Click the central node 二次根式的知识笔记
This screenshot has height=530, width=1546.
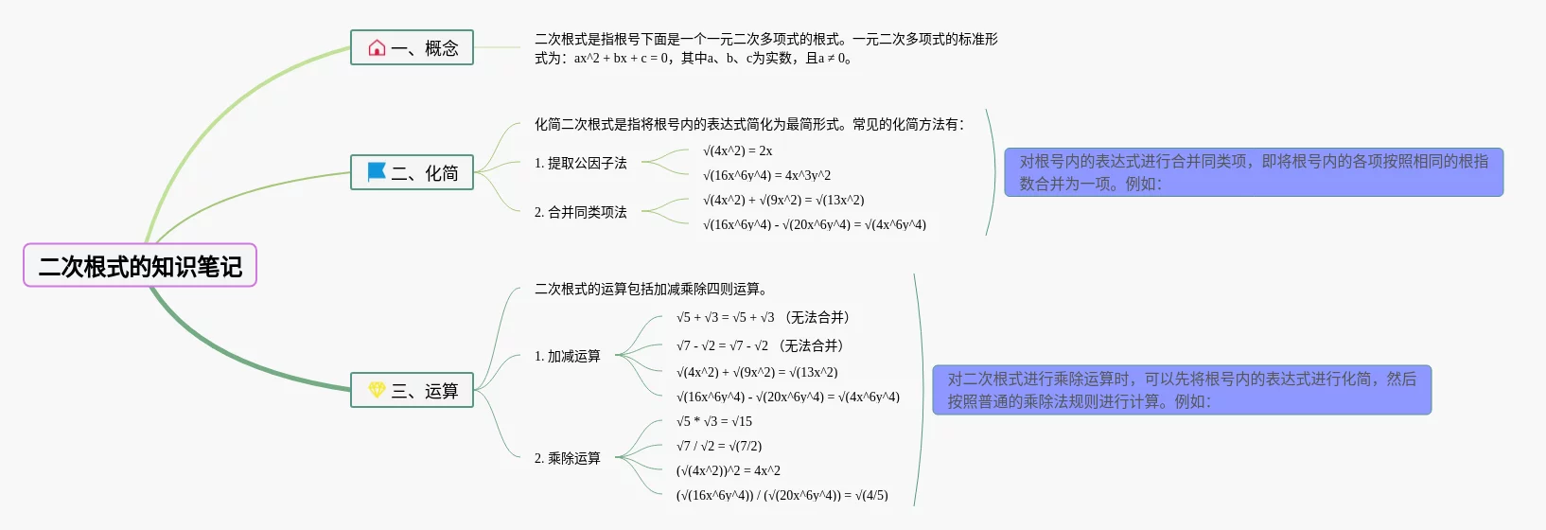coord(140,266)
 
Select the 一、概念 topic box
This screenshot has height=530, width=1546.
coord(412,47)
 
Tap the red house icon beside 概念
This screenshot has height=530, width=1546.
coord(377,47)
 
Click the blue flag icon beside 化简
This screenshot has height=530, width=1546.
coord(377,172)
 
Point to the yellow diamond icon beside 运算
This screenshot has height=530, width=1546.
coord(377,390)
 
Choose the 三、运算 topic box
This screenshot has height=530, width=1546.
coord(412,390)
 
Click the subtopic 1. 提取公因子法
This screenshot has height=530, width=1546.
coord(580,163)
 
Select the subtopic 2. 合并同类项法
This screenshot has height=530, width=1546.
coord(580,212)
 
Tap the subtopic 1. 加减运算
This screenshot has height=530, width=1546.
coord(567,356)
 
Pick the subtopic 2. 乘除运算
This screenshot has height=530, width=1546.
coord(567,458)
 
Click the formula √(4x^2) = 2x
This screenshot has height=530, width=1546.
coord(737,150)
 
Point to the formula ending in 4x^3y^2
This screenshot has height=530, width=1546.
coord(766,175)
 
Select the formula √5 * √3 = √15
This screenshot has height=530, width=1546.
coord(713,421)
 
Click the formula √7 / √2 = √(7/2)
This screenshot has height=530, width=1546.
coord(718,446)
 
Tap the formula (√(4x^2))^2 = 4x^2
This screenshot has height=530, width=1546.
coord(728,470)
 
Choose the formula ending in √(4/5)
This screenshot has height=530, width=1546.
coord(782,495)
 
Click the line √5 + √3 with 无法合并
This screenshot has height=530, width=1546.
coord(763,317)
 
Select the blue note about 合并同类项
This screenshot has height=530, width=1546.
coord(1253,172)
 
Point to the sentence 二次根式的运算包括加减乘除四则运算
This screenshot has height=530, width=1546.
coord(651,289)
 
